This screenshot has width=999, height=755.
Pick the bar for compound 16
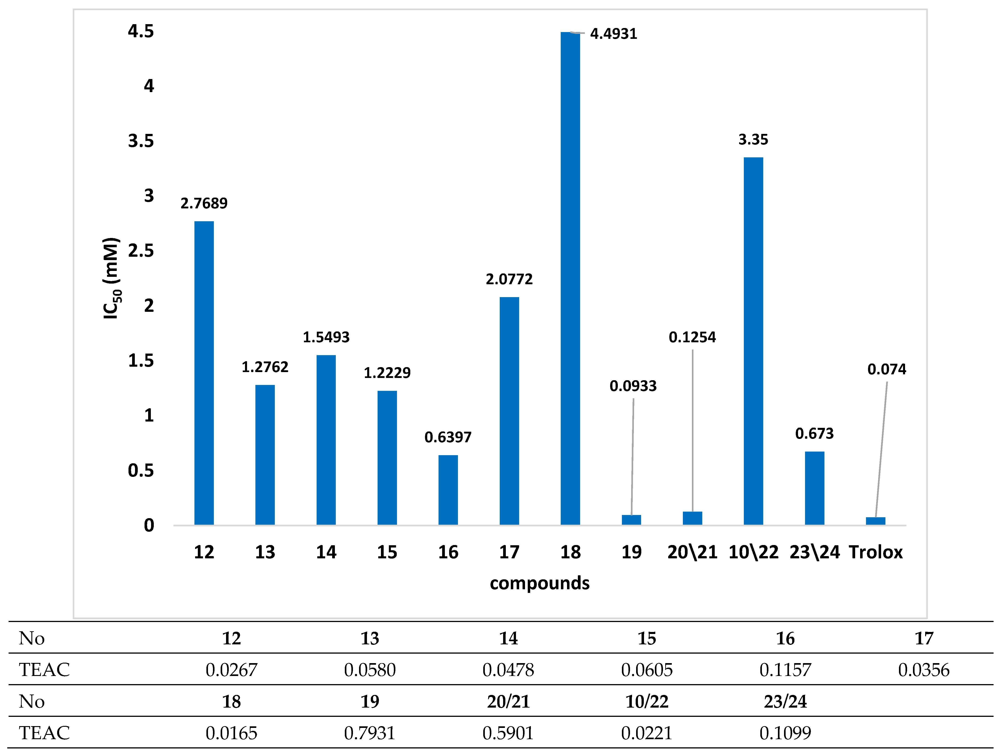(448, 490)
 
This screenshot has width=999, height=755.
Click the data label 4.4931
(613, 34)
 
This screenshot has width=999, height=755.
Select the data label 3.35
(753, 140)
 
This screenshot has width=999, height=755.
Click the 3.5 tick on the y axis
(141, 141)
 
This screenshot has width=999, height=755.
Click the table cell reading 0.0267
(231, 670)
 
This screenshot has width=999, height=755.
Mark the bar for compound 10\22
(753, 341)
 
